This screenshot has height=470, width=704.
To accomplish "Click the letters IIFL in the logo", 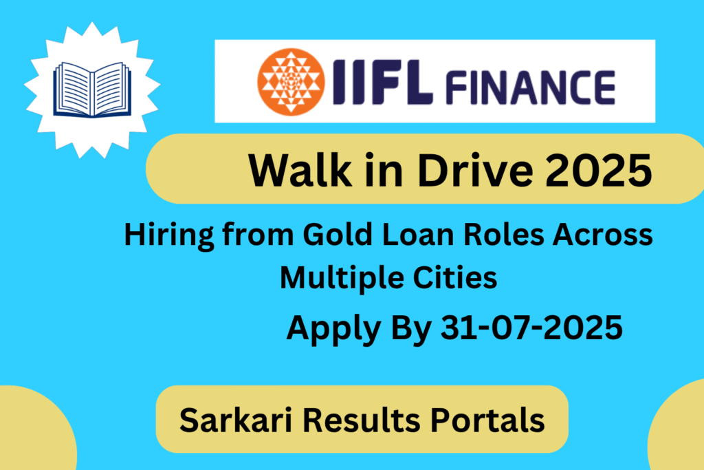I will click(373, 81).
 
